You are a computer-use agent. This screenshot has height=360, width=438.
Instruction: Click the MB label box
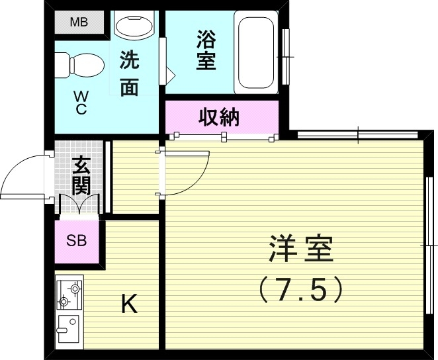pos(79,22)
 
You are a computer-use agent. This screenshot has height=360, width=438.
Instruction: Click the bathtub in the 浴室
pos(255,53)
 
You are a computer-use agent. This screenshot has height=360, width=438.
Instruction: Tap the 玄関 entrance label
pos(81,174)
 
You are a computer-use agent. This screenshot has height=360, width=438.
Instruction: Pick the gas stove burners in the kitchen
pos(69,295)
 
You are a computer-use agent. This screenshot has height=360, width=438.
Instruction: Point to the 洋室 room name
pos(300,251)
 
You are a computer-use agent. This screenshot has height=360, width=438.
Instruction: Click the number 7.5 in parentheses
pos(301,289)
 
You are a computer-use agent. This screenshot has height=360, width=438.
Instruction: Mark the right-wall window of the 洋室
pos(429,245)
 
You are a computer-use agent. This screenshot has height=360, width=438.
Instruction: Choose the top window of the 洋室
pos(358,135)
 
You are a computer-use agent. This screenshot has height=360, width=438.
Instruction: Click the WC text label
pos(81,104)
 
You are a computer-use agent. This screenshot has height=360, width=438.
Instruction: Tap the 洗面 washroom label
pos(130,73)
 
